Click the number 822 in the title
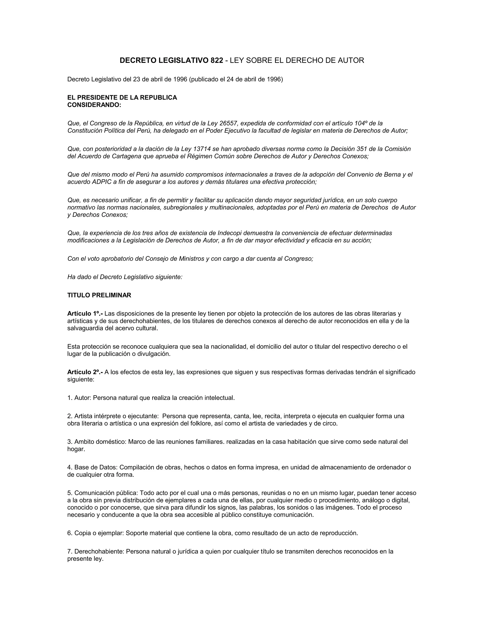click(217, 60)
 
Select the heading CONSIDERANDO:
click(94, 105)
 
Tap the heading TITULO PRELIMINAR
click(99, 295)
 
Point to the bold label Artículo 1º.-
click(85, 313)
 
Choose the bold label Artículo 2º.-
click(85, 372)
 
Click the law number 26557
click(228, 123)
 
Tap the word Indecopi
click(231, 233)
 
